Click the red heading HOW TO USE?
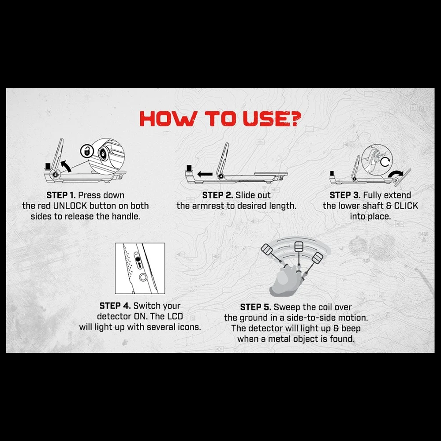point(220,118)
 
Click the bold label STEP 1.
point(61,195)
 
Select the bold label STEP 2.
point(217,195)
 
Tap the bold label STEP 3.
point(345,195)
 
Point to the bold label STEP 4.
point(115,306)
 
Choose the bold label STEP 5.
point(256,307)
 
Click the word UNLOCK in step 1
point(70,206)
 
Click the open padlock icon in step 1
point(86,151)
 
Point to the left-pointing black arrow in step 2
point(205,174)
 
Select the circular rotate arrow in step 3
point(385,162)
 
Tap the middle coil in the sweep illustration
point(299,247)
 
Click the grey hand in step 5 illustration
point(284,280)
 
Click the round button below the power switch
point(143,277)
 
